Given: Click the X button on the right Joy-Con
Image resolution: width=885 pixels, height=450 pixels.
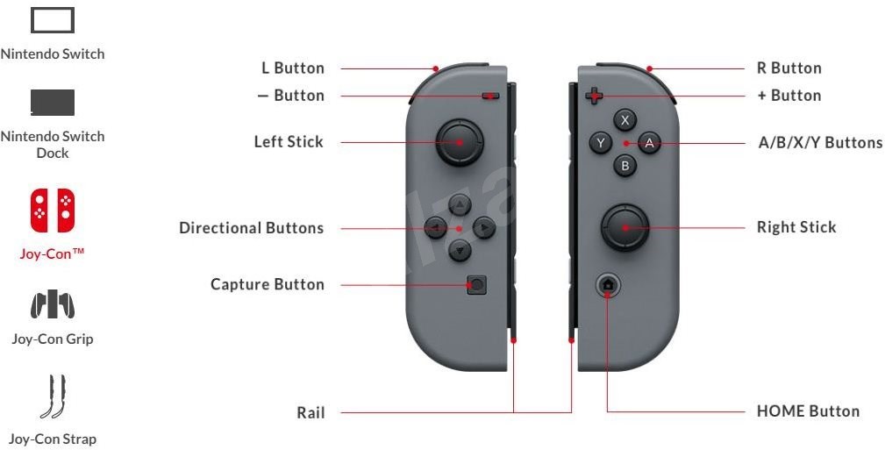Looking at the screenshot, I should (624, 120).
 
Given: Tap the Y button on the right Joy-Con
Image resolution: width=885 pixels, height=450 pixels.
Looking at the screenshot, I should (601, 142).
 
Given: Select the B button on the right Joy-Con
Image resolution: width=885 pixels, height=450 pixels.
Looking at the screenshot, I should (624, 164).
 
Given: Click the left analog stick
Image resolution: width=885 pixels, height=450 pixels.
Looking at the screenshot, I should (459, 141).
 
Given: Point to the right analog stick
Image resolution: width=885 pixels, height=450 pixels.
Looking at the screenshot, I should (624, 227).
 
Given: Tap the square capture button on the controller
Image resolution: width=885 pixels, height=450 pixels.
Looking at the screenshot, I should (476, 284).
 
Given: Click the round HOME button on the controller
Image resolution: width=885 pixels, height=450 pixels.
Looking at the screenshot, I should (608, 284).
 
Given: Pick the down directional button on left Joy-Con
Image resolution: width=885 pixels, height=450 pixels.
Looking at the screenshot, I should (460, 251).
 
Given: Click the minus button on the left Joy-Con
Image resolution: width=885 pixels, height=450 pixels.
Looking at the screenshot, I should (489, 96).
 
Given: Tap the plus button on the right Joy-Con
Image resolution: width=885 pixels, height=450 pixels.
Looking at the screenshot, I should (594, 96).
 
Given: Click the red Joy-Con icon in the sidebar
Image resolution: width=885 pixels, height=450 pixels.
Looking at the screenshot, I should (53, 211).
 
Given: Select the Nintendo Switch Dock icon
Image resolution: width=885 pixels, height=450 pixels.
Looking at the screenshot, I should (53, 102).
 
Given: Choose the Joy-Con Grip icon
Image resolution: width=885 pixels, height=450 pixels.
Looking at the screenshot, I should (53, 305).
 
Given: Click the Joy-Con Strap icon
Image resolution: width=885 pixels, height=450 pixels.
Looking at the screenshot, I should (53, 396).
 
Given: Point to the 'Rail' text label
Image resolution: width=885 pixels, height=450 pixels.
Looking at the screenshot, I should (310, 412).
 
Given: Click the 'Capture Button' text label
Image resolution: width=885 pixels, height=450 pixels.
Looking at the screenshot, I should (268, 284).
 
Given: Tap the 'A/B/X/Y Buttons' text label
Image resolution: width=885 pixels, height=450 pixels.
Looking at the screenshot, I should (820, 142).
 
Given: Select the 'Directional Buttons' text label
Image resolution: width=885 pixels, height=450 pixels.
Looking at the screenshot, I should (251, 228).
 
